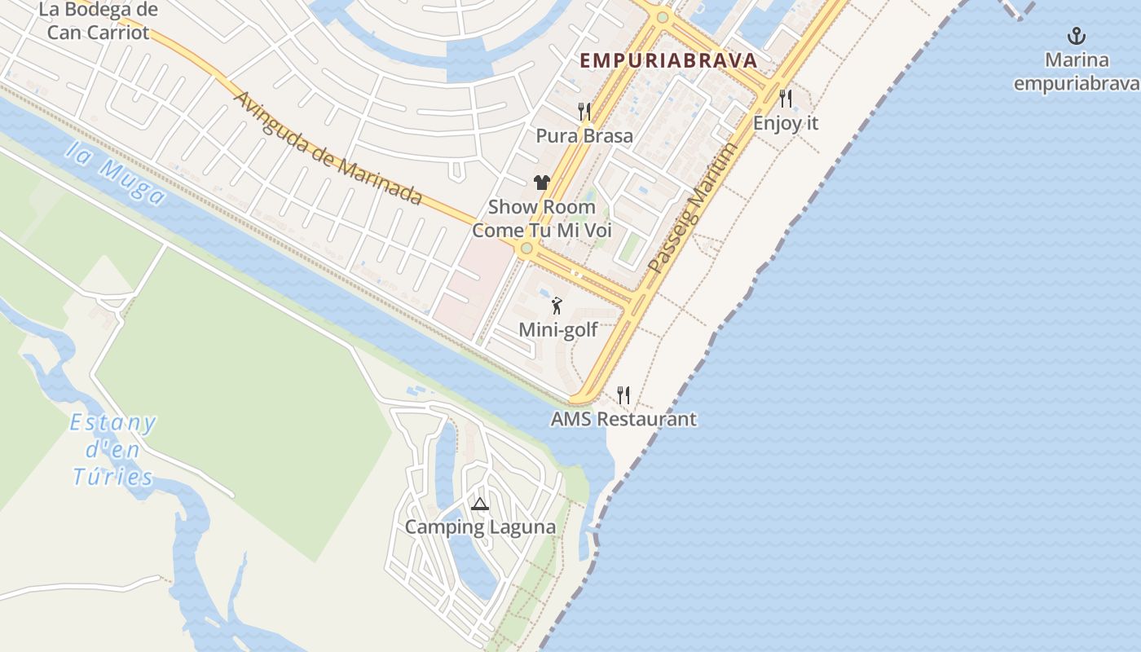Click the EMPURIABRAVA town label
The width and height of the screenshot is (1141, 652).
coord(668,60)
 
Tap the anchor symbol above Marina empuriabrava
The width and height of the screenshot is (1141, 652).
coord(1077,36)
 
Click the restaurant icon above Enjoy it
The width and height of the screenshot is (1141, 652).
coord(786,99)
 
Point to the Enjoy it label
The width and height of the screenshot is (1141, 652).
coord(786,123)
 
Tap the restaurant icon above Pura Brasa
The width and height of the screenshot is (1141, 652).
coord(584,111)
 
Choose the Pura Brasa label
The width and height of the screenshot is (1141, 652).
coord(584,135)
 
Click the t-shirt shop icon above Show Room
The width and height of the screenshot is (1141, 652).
coord(542,183)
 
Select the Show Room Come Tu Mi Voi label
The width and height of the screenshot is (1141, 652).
coord(542,218)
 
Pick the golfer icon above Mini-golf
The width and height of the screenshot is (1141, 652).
coord(557,306)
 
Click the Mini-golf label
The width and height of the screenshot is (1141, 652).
coord(558,330)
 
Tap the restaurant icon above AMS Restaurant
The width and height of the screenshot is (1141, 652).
coord(623,395)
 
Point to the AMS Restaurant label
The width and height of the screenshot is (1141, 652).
coord(623,419)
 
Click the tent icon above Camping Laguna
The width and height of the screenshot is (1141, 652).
coord(480,504)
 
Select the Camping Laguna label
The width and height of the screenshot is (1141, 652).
coord(480,527)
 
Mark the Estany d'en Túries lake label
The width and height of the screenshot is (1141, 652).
coord(112,450)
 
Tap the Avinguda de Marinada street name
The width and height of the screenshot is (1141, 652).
coord(328,148)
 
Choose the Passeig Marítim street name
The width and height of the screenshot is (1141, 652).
coord(694,208)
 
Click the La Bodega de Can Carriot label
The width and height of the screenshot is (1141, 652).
coord(98,21)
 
